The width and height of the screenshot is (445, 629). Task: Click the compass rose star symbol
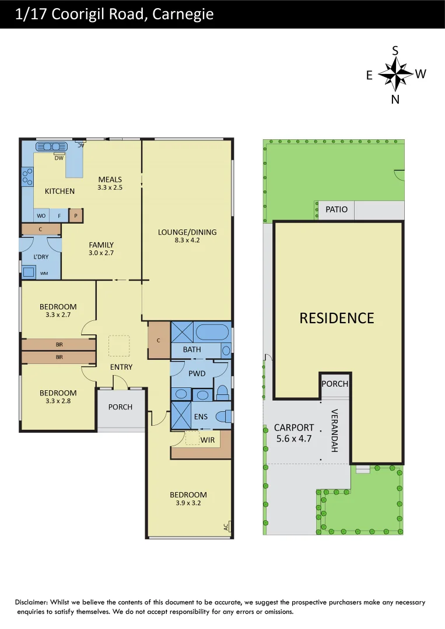click(x=395, y=75)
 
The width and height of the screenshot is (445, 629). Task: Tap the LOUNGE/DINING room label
click(x=187, y=235)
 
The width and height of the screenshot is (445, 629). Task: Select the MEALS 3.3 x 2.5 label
click(x=110, y=183)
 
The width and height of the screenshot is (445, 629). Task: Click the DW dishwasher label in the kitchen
click(x=59, y=158)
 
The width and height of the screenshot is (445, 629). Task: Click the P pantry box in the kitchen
click(x=75, y=216)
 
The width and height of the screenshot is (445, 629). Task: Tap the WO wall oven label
click(x=41, y=216)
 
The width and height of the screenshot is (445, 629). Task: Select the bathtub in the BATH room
click(x=212, y=333)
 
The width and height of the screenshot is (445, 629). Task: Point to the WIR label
click(x=208, y=440)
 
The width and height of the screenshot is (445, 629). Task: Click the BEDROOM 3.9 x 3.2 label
click(x=187, y=499)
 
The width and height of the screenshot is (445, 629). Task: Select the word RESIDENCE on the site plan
click(x=337, y=318)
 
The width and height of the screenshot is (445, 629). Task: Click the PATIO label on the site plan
click(x=336, y=209)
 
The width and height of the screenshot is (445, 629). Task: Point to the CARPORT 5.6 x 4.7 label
click(x=294, y=433)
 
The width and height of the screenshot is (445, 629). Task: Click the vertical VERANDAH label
click(x=335, y=430)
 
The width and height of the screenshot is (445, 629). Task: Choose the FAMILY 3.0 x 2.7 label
click(x=101, y=249)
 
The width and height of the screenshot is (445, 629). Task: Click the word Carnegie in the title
click(x=182, y=14)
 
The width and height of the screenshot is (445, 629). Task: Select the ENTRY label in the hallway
click(x=121, y=367)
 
